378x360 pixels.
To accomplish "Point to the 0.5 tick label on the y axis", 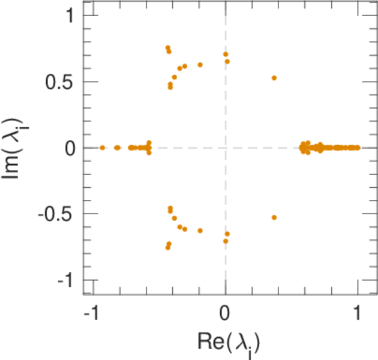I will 60,82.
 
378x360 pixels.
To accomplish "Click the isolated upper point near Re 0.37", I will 274,78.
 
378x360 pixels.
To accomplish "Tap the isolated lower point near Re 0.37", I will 274,217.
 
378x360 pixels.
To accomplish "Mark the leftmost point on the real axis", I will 103,148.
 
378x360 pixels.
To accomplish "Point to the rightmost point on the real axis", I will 358,148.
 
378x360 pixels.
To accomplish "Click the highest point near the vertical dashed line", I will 226,54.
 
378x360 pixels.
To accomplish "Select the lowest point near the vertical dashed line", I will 226,241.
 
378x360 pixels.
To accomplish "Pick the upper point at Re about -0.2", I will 200,65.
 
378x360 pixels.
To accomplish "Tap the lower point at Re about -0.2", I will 200,230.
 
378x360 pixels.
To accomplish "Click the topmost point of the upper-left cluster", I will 168,47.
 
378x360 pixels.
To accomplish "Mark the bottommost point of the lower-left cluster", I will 168,247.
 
